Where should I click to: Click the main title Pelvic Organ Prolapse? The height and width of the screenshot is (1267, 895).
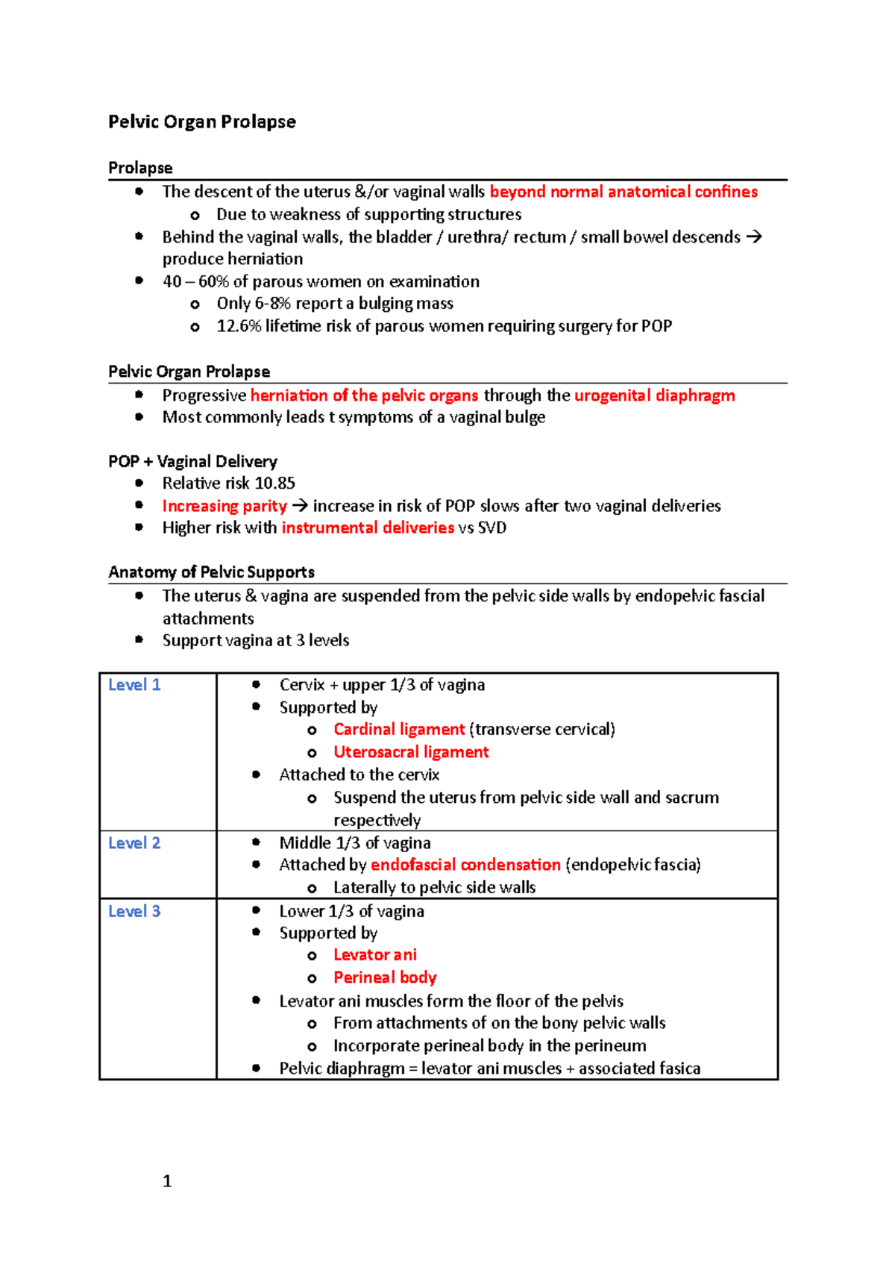coord(201,122)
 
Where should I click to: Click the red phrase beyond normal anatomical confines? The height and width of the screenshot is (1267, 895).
coord(623,192)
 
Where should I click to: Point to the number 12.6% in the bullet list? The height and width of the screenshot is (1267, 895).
coord(238,326)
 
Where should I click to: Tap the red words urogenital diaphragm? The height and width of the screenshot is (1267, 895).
coord(654,395)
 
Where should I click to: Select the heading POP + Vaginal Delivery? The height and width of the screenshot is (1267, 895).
coord(192,461)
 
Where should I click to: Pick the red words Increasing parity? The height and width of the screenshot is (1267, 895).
coord(224,506)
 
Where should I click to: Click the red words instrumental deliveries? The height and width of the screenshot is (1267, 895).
coord(368,528)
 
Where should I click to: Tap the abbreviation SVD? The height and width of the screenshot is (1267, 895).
coord(492,528)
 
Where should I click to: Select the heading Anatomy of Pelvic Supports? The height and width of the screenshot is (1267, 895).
coord(211,572)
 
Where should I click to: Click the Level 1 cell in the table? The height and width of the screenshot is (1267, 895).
coord(134,685)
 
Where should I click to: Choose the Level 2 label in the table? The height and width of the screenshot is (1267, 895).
coord(134,843)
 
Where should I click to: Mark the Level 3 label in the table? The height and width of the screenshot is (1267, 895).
coord(134,911)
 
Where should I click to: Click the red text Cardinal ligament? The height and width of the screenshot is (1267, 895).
coord(399,729)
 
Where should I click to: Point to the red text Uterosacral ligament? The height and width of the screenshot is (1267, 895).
coord(411,752)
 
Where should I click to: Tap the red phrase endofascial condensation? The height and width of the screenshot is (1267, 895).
coord(465,865)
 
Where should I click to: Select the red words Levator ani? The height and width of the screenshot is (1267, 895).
coord(374,955)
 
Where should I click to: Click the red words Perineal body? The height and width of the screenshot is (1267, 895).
coord(385,977)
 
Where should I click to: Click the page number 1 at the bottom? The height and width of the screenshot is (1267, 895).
coord(167,1181)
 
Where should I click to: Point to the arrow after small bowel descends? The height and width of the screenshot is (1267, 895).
coord(754,237)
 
